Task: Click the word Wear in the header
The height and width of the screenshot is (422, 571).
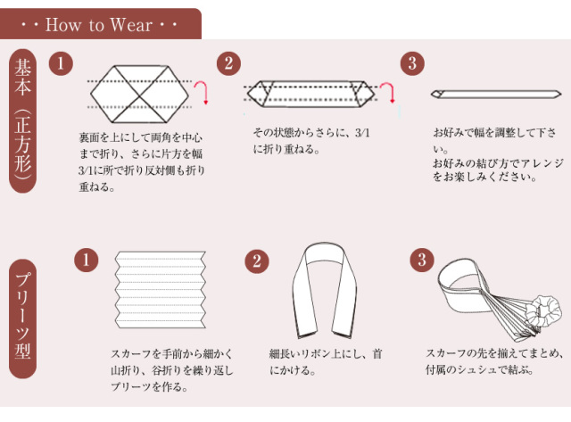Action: [131, 25]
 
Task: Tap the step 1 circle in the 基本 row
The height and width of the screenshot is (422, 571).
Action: [61, 63]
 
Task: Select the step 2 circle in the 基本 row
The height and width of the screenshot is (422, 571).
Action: [228, 63]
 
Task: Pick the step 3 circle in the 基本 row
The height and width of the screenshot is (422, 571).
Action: [412, 63]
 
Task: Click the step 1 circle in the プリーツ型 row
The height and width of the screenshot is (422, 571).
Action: [87, 261]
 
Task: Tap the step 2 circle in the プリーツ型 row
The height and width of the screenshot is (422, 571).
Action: [257, 261]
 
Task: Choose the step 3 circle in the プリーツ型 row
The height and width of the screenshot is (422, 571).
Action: [422, 260]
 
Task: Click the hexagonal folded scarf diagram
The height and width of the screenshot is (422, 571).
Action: [140, 95]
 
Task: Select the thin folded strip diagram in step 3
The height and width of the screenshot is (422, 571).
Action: [496, 95]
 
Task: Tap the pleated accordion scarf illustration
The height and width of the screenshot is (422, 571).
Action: [161, 289]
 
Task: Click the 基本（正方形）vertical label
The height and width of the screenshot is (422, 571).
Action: [22, 120]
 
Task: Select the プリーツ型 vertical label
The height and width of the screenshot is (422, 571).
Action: [22, 319]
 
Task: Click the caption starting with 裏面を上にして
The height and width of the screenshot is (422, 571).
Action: [141, 162]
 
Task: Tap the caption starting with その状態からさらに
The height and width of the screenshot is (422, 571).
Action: [311, 141]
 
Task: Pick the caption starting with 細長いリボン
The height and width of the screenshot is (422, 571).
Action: [326, 362]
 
